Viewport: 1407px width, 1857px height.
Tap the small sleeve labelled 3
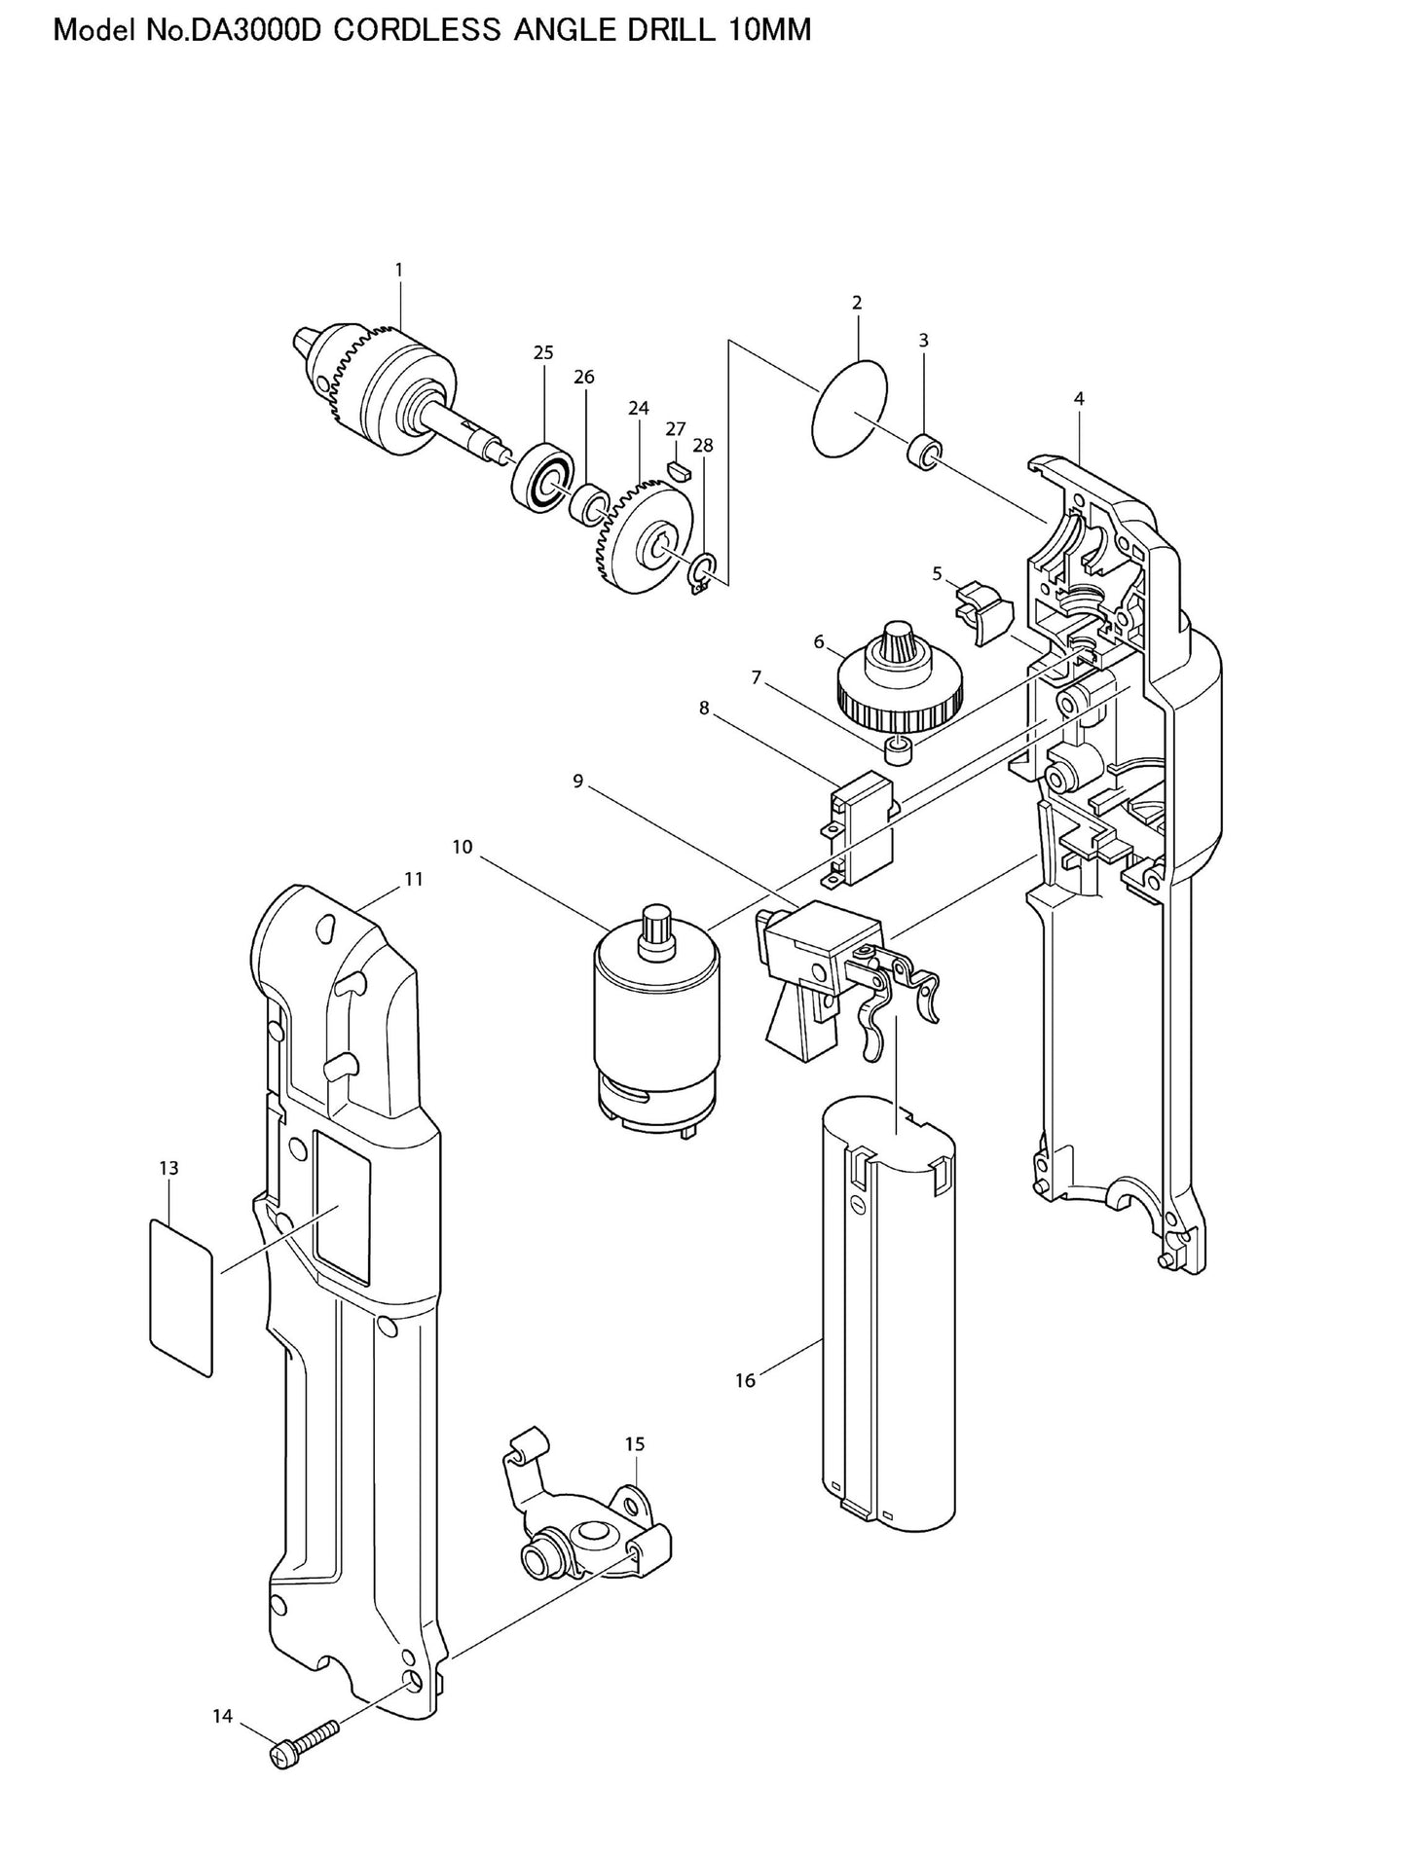925,454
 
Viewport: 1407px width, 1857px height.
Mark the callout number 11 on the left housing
414,879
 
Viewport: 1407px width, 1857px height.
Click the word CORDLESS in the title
417,30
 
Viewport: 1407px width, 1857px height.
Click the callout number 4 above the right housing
1079,398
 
